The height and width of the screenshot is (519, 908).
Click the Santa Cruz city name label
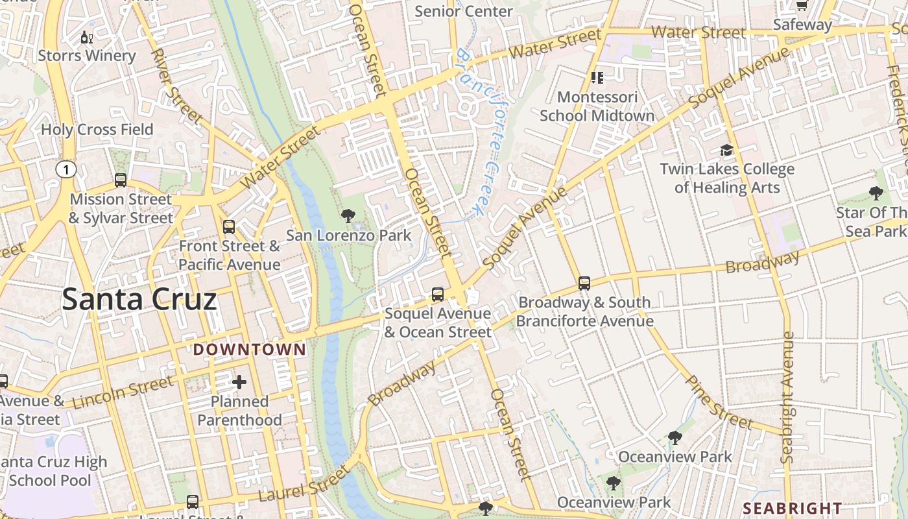(139, 300)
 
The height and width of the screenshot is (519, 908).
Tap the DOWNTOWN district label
(250, 350)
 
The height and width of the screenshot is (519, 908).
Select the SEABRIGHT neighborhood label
(792, 508)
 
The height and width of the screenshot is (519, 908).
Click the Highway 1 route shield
(66, 170)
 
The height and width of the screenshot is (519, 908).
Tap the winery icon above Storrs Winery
(86, 38)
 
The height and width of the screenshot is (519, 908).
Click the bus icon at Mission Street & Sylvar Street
(121, 180)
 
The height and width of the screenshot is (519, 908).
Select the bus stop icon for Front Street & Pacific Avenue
(229, 227)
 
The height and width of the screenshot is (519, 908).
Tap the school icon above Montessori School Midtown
(597, 78)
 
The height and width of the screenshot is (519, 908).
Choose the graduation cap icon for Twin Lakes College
(726, 151)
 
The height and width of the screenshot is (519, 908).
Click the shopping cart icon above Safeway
(802, 6)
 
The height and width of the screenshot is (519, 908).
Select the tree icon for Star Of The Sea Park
(876, 193)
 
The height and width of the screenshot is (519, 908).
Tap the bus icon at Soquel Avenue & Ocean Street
(438, 295)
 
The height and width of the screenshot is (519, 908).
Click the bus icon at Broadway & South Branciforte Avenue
(584, 284)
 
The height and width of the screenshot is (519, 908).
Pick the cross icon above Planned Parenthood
(239, 382)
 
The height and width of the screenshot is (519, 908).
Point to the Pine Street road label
(719, 403)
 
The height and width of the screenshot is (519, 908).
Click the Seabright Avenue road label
(787, 397)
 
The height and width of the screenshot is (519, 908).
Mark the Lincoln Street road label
(123, 391)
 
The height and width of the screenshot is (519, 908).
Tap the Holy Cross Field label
(97, 130)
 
